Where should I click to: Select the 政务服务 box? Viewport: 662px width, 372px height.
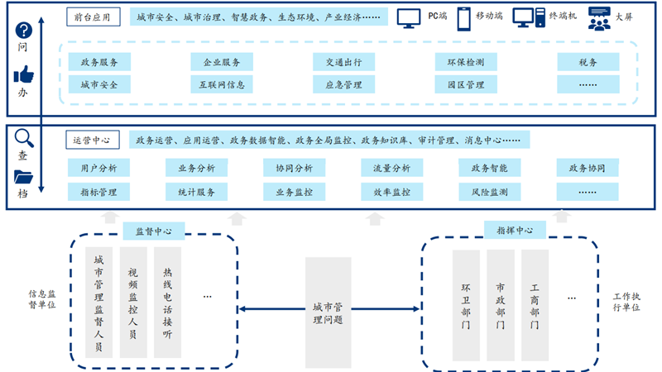98,63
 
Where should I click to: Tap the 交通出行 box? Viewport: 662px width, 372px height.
343,63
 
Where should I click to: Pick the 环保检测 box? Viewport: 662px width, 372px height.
466,63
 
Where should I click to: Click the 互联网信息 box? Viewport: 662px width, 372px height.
221,84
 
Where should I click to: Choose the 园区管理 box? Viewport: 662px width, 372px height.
466,84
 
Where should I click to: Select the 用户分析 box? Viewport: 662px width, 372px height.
98,169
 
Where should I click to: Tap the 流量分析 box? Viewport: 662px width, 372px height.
391,169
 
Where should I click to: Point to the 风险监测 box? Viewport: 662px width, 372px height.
489,192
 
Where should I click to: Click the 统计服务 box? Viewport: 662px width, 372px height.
196,192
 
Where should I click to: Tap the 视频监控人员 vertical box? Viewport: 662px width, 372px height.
133,302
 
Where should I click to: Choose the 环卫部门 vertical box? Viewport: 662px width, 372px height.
466,306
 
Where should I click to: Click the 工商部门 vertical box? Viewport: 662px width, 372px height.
535,306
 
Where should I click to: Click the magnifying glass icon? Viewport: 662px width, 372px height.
23,136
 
